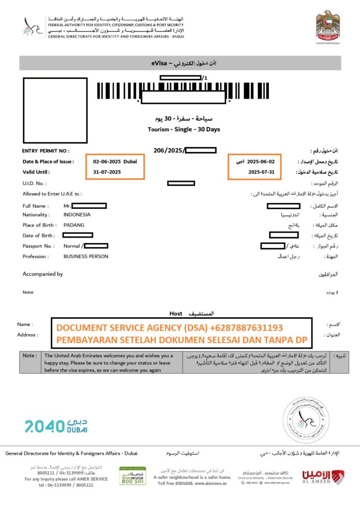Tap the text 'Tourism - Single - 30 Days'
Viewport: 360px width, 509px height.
coord(184,129)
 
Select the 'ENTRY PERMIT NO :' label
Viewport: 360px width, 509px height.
coord(46,151)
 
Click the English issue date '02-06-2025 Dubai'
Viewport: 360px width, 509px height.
coord(115,162)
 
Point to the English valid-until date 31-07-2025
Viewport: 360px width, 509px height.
coord(107,172)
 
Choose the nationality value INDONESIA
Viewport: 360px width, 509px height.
coord(77,215)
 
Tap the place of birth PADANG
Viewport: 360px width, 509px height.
coord(74,225)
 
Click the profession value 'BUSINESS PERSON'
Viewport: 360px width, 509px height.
coord(86,256)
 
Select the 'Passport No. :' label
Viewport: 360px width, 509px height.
coord(38,246)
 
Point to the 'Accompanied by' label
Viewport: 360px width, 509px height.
coord(43,274)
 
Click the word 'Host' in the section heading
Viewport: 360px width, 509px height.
coord(176,314)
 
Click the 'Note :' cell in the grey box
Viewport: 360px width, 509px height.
coord(29,355)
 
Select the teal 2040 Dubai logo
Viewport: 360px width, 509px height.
coord(56,425)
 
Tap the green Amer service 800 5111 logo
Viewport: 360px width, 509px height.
coord(132,476)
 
